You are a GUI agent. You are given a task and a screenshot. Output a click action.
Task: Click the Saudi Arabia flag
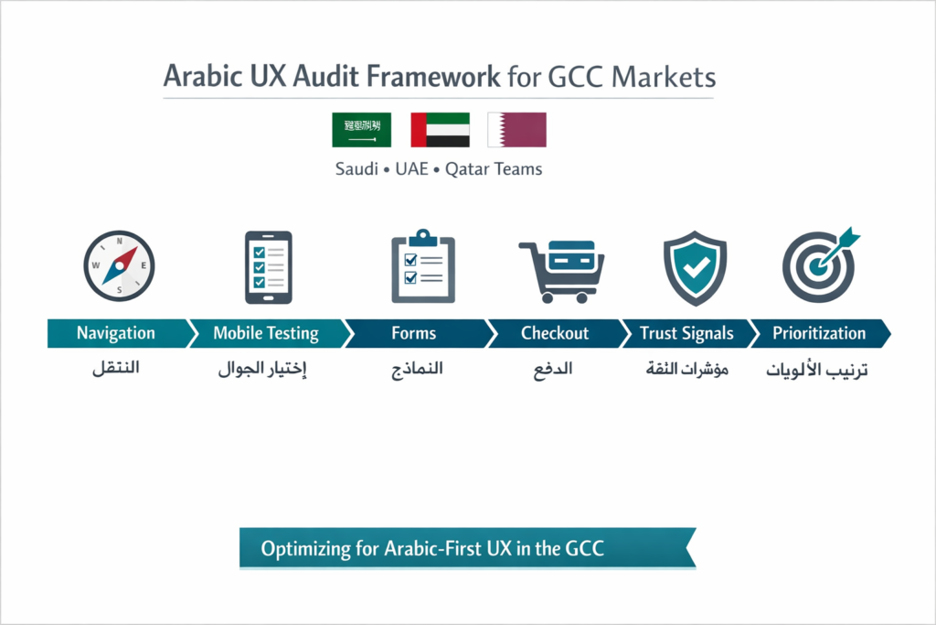click(x=361, y=130)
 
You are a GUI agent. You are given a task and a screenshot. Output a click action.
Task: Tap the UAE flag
click(x=440, y=130)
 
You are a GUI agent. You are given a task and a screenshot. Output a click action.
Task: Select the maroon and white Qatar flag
click(x=516, y=130)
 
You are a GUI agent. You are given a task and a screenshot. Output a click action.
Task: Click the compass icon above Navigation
click(x=119, y=266)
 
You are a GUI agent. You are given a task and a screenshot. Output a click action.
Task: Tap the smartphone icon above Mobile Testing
click(x=268, y=266)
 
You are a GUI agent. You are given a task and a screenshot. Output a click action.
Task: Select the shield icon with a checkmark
click(x=695, y=266)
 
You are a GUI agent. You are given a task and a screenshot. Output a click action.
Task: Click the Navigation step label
click(x=115, y=333)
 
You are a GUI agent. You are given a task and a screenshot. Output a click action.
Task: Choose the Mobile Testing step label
click(x=265, y=333)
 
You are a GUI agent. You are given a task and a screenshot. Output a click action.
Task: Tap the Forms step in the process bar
click(x=413, y=333)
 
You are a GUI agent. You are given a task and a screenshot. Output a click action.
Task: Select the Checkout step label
click(x=555, y=333)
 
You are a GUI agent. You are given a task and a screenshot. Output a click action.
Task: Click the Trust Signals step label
click(x=686, y=333)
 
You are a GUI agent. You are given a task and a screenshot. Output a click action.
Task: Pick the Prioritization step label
click(x=818, y=333)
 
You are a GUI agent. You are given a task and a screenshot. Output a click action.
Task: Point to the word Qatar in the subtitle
click(x=467, y=169)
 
